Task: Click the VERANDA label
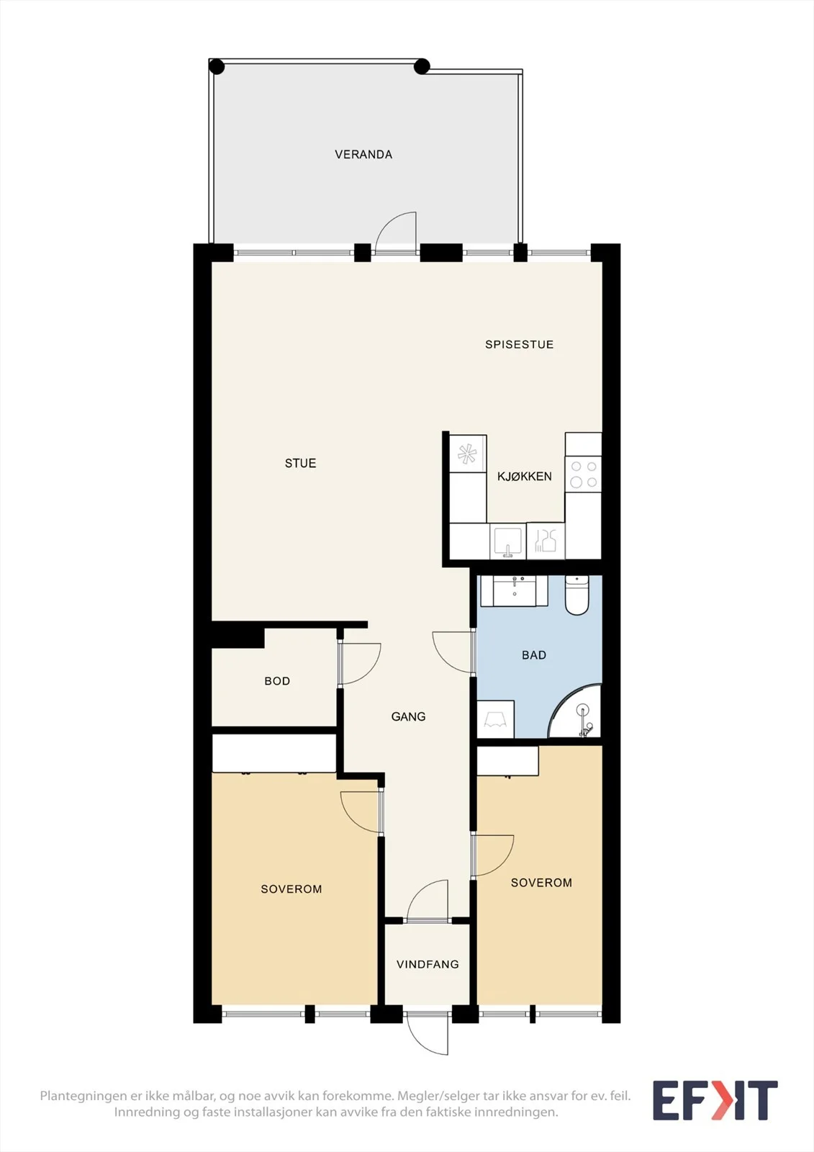point(363,154)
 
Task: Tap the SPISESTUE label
point(520,345)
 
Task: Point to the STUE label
point(300,463)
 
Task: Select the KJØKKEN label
point(524,476)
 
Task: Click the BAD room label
point(534,655)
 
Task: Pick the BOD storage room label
point(277,681)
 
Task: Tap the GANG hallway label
point(408,716)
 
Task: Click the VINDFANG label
point(428,964)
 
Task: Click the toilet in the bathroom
point(577,595)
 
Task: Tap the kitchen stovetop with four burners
point(583,474)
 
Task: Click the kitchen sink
point(507,541)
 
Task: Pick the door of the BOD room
point(359,663)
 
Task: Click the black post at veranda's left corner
point(217,66)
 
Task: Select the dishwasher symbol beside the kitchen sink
point(546,541)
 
